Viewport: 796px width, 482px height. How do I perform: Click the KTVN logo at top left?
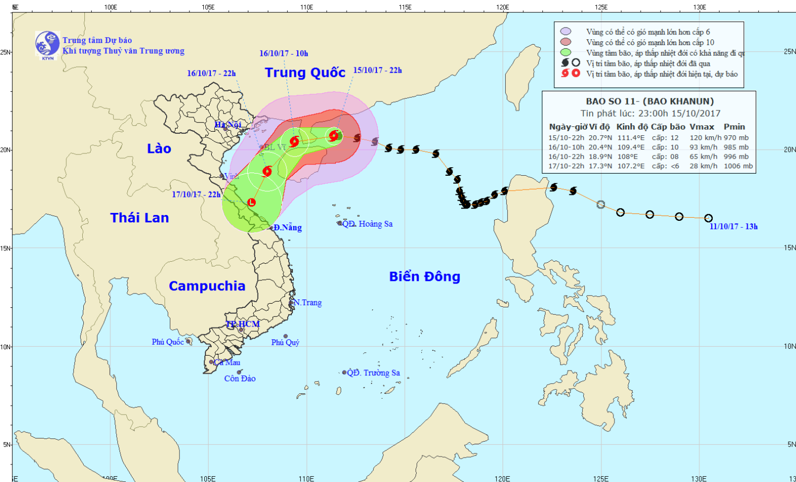47,44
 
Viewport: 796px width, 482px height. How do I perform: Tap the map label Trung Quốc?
305,73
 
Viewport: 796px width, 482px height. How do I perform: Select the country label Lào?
159,149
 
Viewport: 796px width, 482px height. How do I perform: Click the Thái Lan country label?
140,218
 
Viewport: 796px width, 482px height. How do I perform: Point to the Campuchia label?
207,286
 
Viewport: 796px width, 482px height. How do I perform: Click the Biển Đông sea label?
425,277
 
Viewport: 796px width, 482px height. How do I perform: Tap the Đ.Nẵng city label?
288,228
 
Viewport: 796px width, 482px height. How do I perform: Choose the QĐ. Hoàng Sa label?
367,224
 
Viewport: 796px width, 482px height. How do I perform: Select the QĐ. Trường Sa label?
373,373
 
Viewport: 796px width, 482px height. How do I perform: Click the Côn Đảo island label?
240,378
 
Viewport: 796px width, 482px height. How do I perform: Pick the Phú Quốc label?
168,342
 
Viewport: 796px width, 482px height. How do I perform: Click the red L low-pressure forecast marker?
252,202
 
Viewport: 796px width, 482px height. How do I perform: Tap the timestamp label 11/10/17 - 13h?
733,227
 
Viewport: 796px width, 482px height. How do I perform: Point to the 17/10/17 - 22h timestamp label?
196,195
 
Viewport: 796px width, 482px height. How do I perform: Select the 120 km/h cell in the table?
705,138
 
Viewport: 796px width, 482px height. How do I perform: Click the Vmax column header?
702,127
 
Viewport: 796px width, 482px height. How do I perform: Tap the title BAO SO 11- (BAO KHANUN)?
650,101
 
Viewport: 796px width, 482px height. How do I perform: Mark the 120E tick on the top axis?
503,7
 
